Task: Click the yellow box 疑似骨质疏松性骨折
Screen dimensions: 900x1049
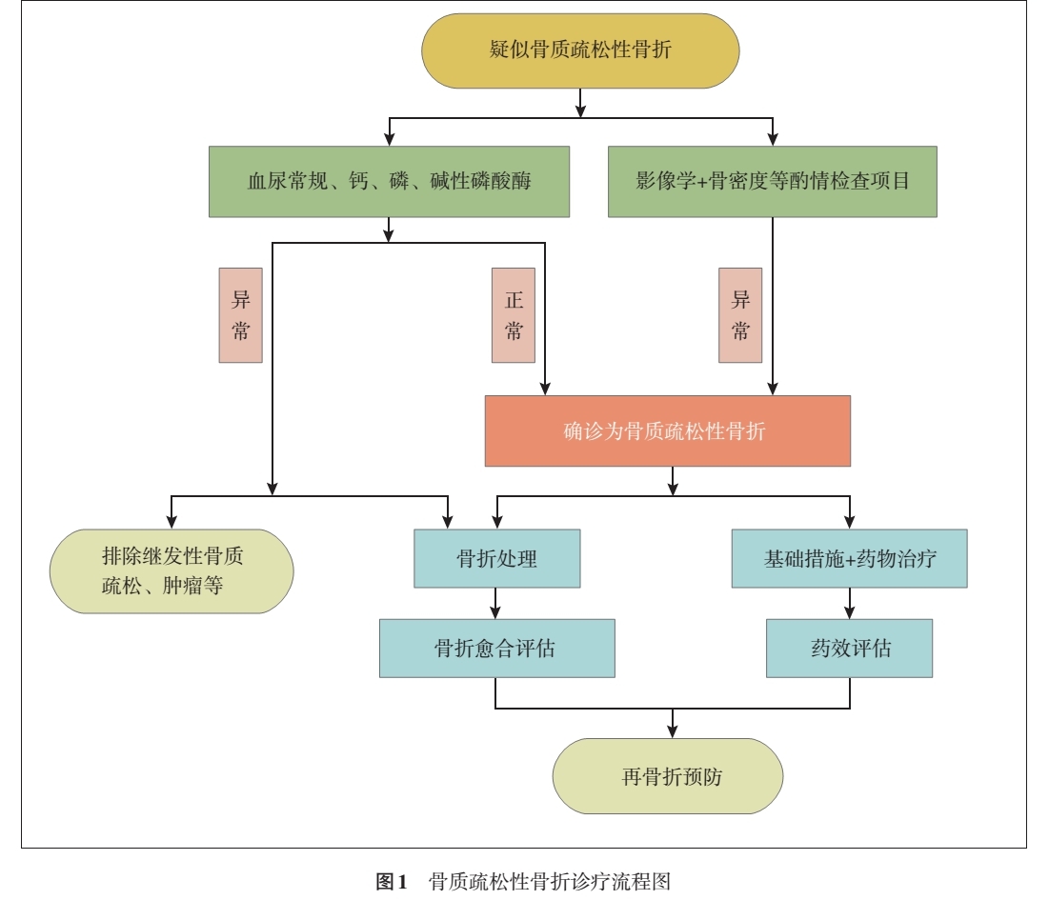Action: [x=580, y=50]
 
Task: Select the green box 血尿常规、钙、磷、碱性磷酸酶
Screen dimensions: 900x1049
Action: [x=389, y=181]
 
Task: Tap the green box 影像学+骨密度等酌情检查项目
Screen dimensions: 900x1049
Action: [x=772, y=181]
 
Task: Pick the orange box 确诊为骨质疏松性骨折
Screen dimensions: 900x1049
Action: [x=667, y=431]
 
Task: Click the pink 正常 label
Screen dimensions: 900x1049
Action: [x=514, y=315]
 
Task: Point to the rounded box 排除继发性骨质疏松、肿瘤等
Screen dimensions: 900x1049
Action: [x=171, y=570]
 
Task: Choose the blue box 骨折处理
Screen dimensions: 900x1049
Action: [x=496, y=559]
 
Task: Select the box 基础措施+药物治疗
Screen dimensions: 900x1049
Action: [x=849, y=559]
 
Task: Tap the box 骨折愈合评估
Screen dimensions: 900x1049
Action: [x=496, y=649]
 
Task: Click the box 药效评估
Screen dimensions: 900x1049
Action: [x=849, y=649]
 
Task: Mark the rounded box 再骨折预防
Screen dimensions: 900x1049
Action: [x=667, y=776]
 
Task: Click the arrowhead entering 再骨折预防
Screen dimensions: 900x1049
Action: [x=673, y=731]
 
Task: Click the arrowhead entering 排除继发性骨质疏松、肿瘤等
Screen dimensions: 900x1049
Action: [x=171, y=522]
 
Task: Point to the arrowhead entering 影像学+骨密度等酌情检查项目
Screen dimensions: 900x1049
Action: [x=772, y=139]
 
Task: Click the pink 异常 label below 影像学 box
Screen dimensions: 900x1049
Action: [x=740, y=315]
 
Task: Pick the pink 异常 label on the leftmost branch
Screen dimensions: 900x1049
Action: [x=240, y=315]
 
